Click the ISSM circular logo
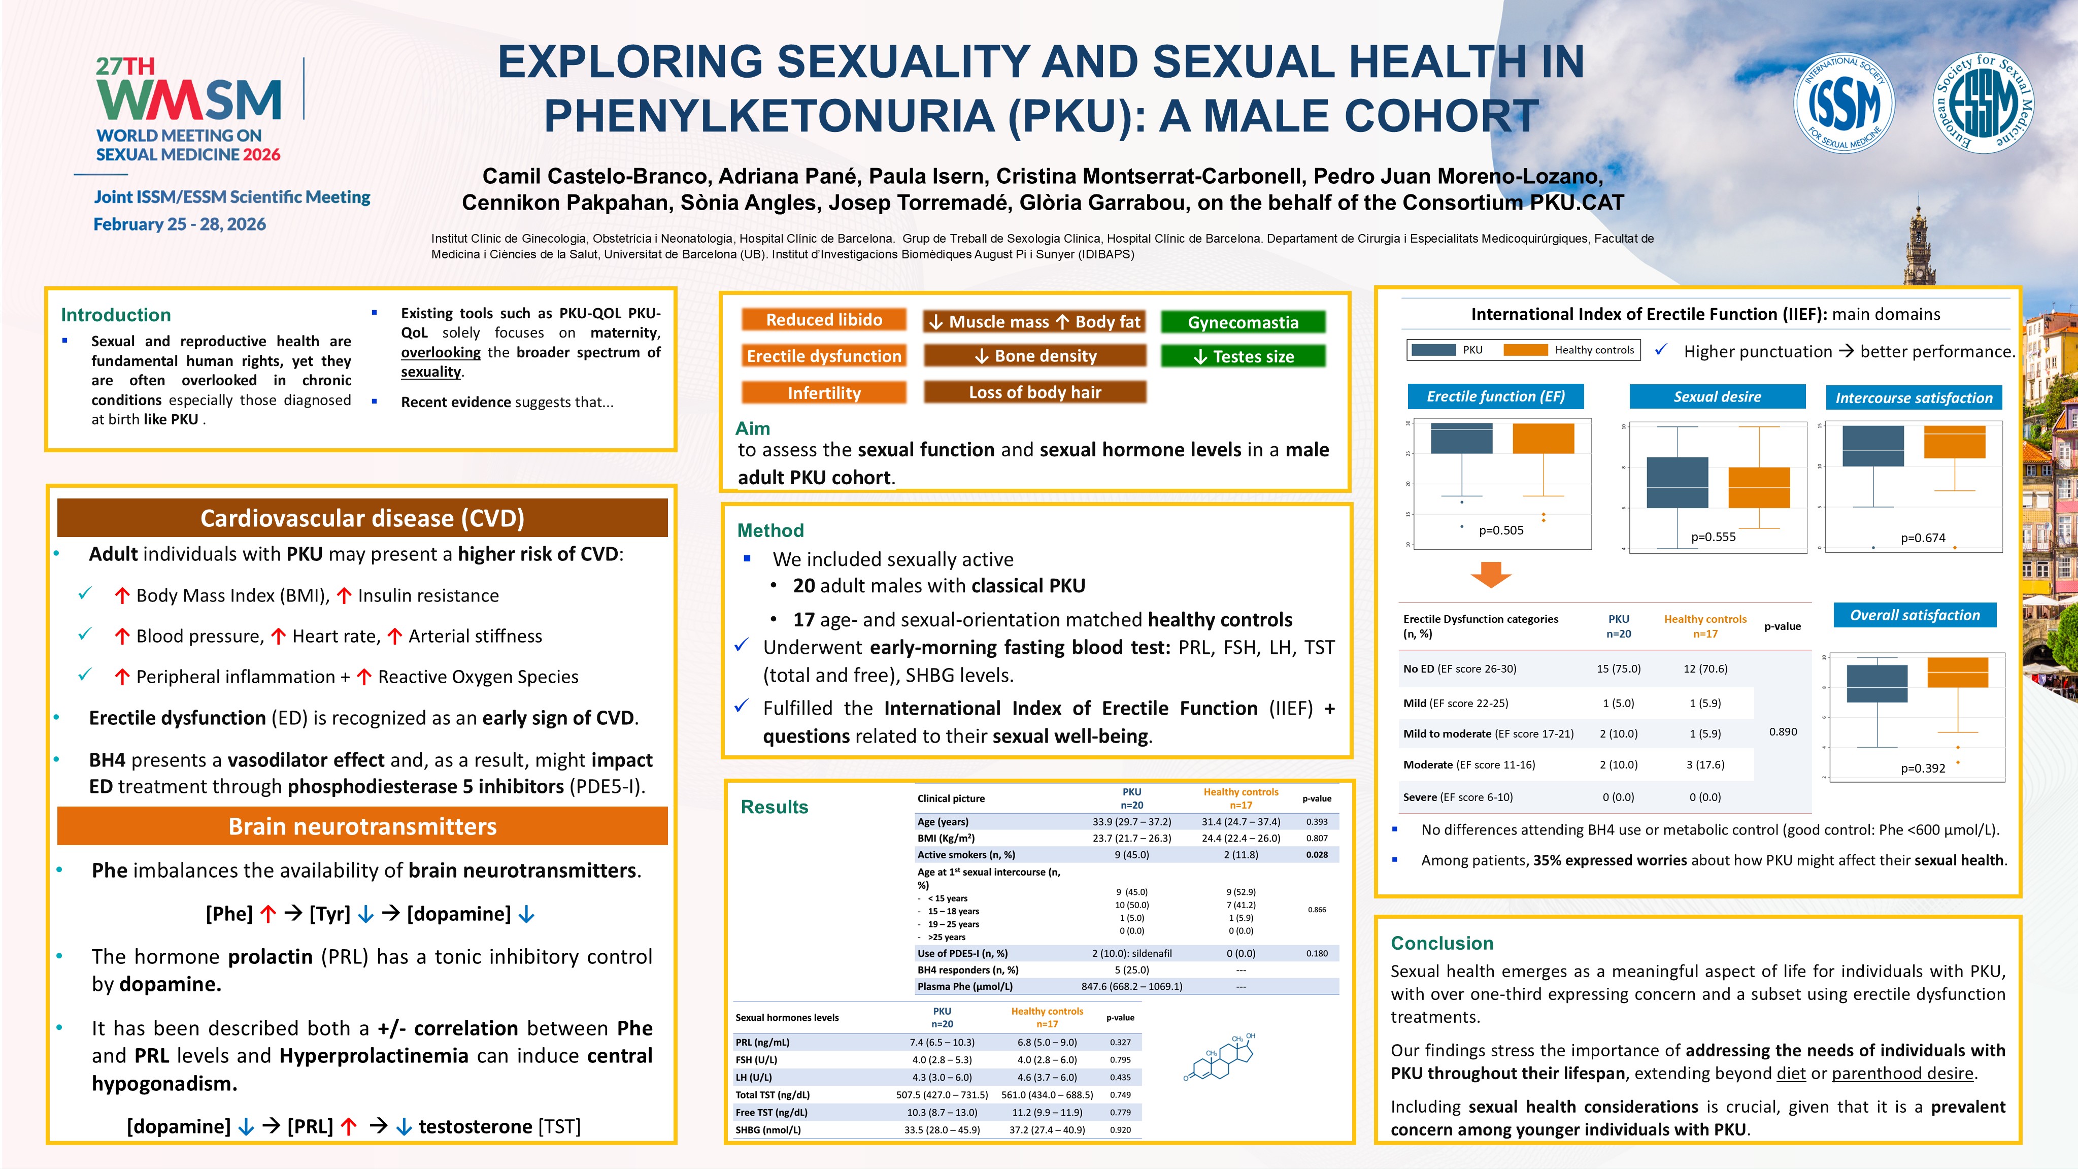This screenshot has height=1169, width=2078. (1844, 103)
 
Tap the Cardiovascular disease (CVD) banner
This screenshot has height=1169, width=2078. (362, 518)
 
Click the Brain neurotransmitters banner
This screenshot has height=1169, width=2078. (362, 827)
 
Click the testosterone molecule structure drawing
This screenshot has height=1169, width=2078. (1219, 1057)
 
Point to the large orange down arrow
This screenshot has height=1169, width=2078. (1491, 575)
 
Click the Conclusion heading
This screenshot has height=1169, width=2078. (1442, 943)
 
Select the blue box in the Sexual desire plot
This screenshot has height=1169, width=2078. (1677, 482)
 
